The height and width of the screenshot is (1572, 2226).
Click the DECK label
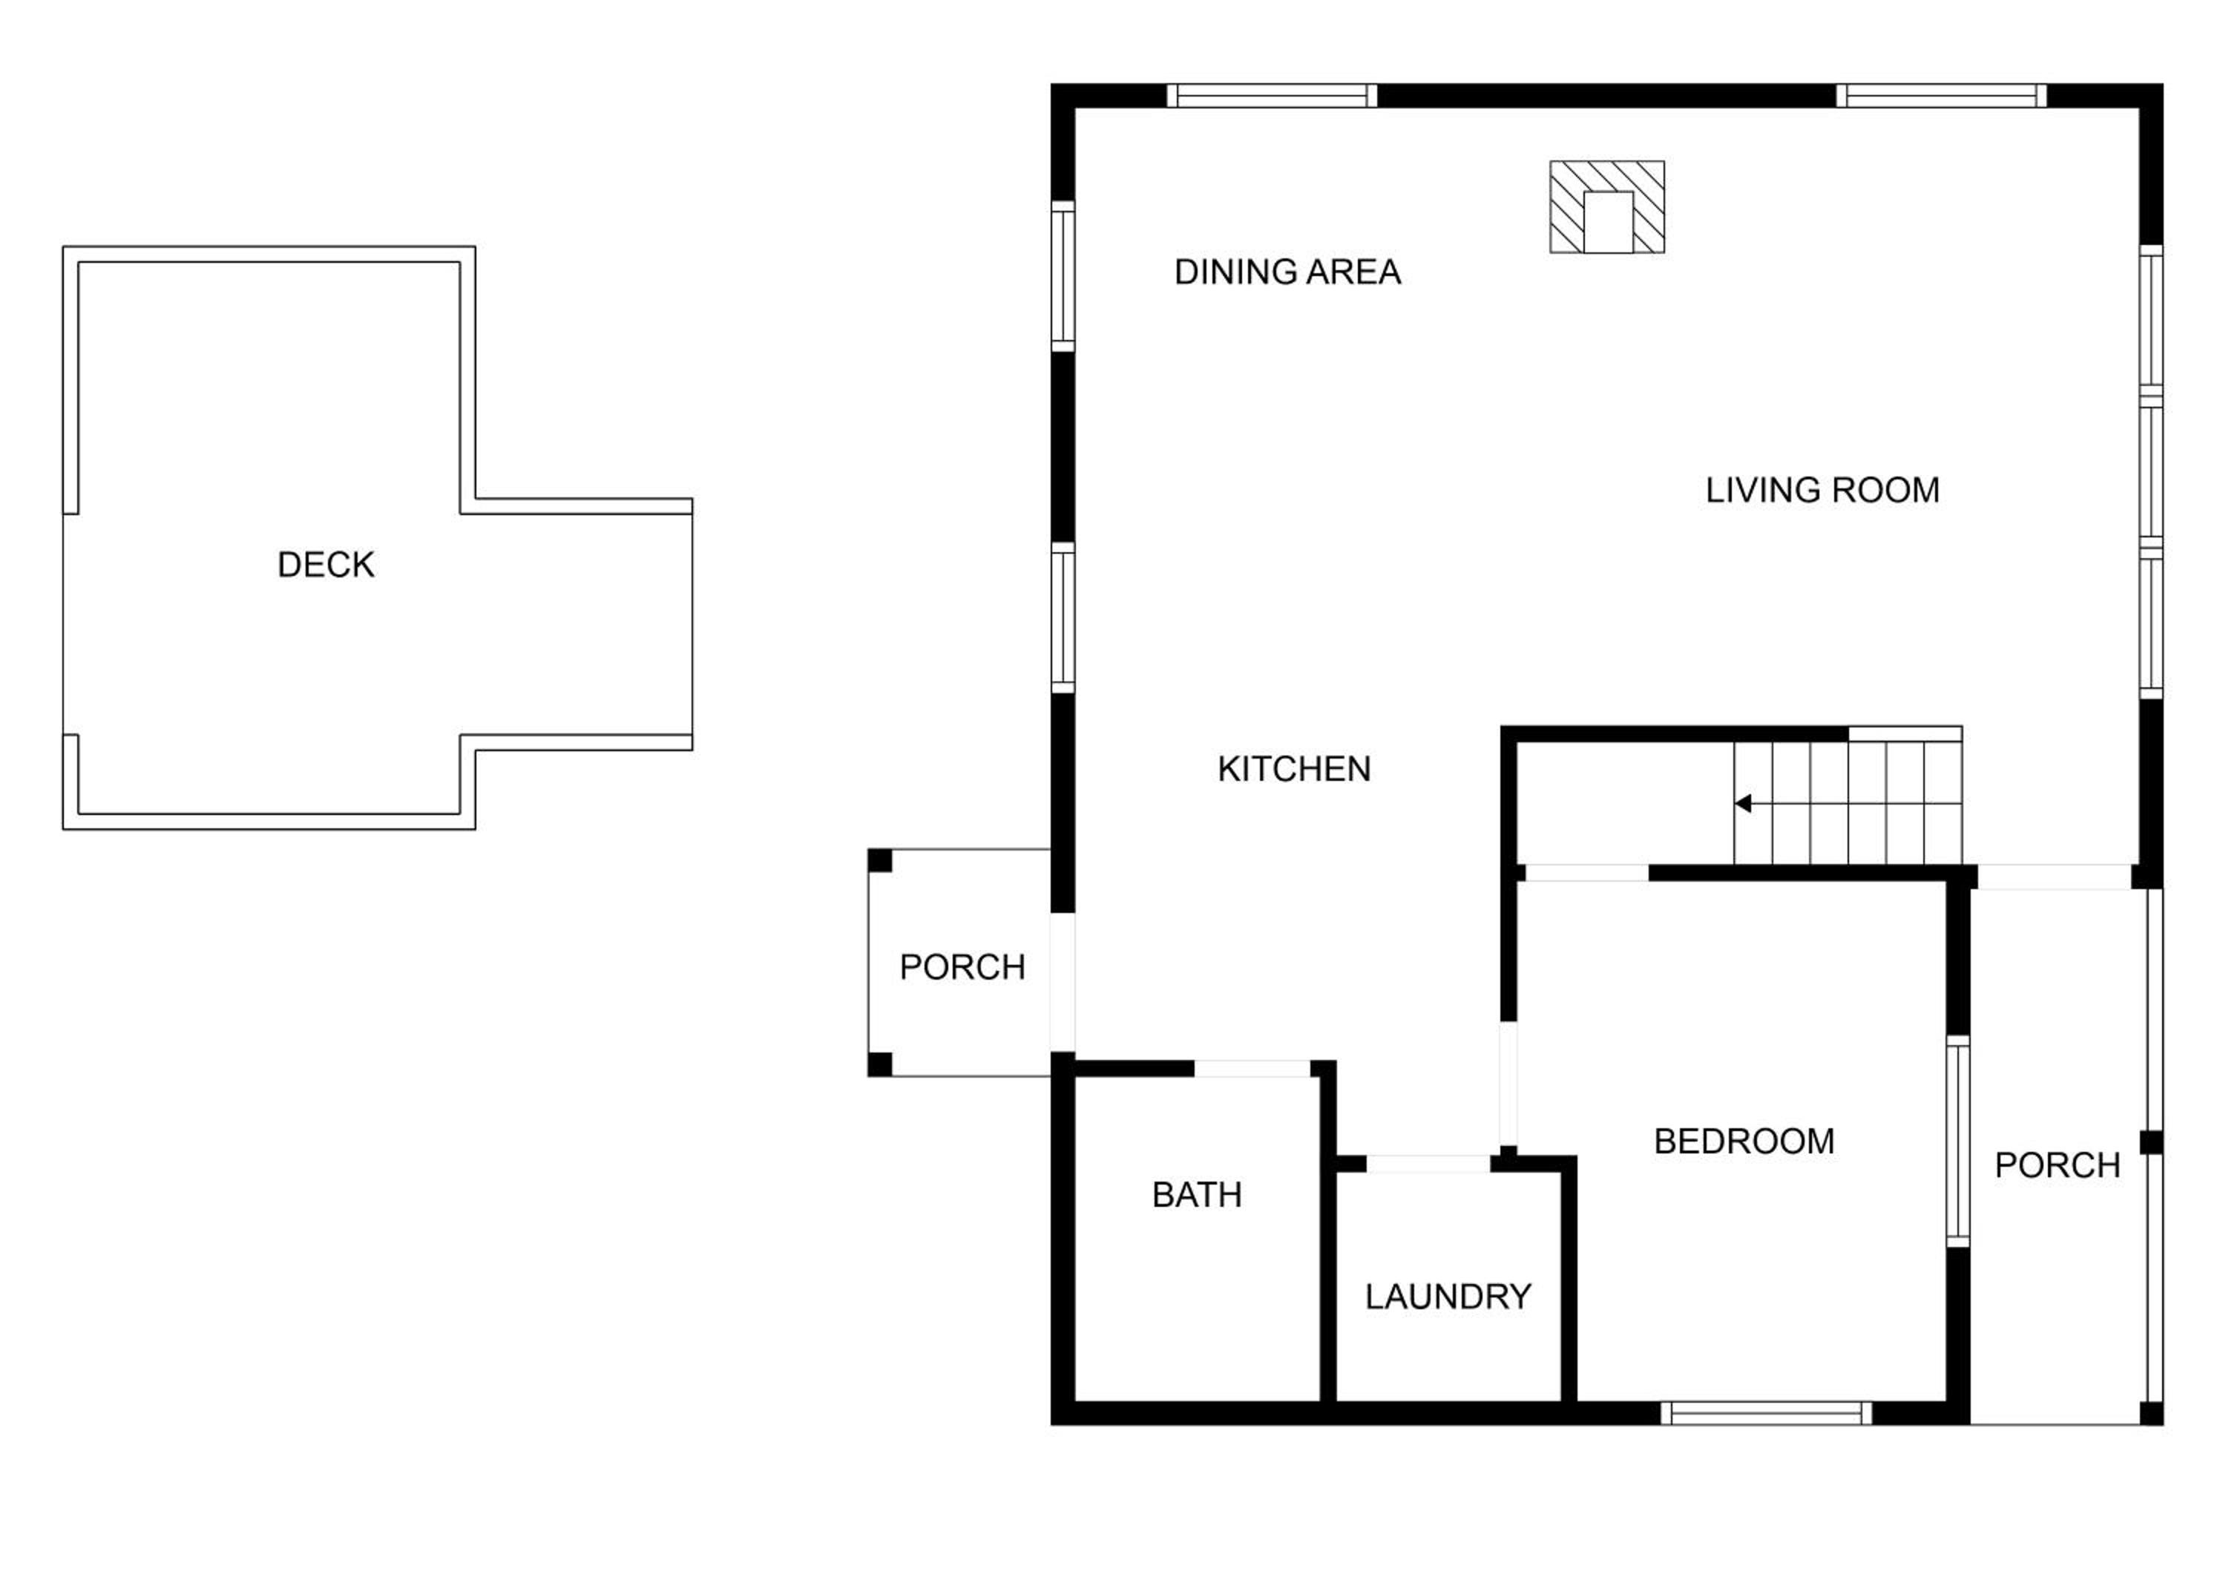[x=326, y=564]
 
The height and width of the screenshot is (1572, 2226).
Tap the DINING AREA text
[x=1287, y=272]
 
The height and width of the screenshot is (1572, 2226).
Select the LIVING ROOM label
[x=1822, y=490]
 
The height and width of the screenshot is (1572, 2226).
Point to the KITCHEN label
[x=1294, y=769]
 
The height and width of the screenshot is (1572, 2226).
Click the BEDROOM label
[x=1744, y=1142]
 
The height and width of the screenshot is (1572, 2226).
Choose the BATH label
[x=1198, y=1195]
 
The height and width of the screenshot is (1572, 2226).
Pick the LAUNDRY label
[x=1448, y=1297]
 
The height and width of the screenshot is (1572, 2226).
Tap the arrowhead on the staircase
[x=1743, y=803]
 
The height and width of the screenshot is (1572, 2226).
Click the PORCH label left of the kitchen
[x=962, y=967]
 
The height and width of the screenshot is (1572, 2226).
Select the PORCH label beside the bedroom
[x=2058, y=1165]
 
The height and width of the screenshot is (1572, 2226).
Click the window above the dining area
[x=1271, y=95]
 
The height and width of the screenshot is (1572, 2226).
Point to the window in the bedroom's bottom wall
[x=1767, y=1413]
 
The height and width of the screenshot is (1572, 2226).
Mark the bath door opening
[x=1252, y=1069]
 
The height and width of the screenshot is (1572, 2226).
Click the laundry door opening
[x=1428, y=1164]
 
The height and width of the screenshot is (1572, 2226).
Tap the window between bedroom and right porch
[x=1958, y=1142]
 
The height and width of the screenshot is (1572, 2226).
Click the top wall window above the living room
[x=1941, y=95]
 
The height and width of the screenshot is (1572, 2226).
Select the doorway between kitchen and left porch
[x=1063, y=983]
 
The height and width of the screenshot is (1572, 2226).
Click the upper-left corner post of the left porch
[x=879, y=860]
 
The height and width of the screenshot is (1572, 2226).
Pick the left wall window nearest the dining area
[x=1063, y=276]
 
